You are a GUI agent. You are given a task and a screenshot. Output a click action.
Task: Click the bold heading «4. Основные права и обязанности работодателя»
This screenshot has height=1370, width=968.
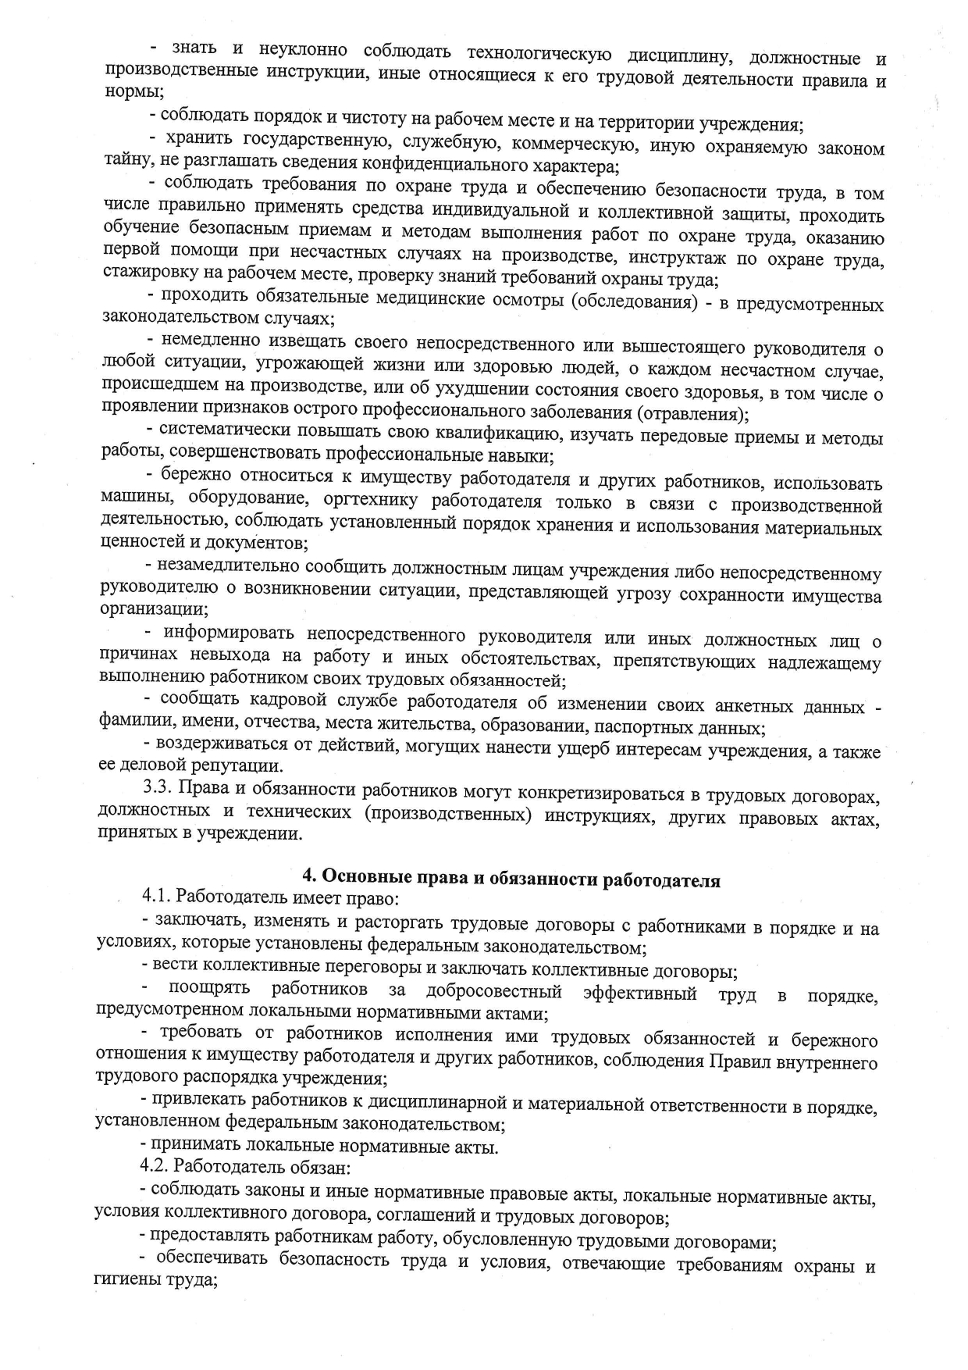(x=511, y=879)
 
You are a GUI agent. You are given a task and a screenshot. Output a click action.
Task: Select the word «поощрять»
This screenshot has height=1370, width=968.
(x=209, y=988)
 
